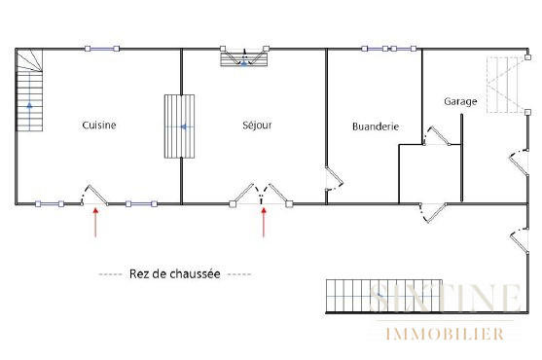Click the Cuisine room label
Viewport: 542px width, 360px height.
pyautogui.click(x=99, y=125)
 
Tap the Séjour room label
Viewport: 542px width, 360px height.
pyautogui.click(x=257, y=125)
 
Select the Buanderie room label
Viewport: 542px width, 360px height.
pyautogui.click(x=376, y=126)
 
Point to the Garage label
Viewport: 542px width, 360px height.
pyautogui.click(x=459, y=101)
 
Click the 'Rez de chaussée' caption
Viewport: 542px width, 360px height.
pyautogui.click(x=175, y=274)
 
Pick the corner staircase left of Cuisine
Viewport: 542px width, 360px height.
pyautogui.click(x=31, y=92)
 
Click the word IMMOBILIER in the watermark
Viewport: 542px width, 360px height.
pyautogui.click(x=446, y=335)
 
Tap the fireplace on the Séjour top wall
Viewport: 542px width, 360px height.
pyautogui.click(x=244, y=58)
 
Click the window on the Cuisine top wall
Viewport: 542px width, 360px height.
pyautogui.click(x=101, y=49)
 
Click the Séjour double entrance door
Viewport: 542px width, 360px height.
pyautogui.click(x=263, y=194)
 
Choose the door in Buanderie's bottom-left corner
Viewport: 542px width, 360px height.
pyautogui.click(x=334, y=179)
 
